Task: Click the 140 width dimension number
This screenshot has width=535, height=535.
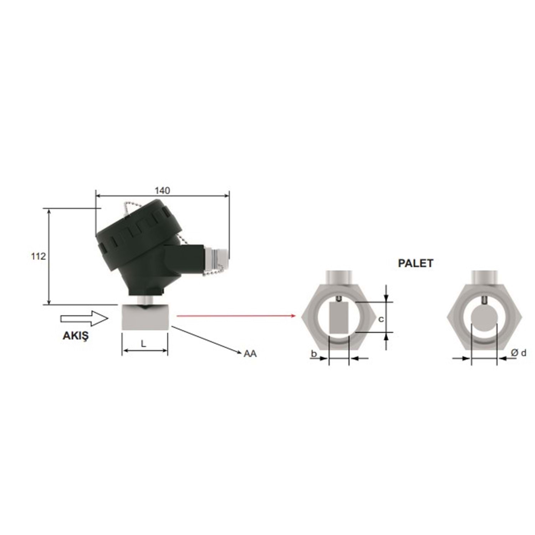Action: tap(162, 190)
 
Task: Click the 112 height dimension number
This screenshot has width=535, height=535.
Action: tap(39, 256)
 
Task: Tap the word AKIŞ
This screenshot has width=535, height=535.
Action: tap(75, 336)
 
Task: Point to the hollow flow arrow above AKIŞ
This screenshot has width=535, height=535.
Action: tap(84, 318)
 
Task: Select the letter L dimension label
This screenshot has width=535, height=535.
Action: tap(143, 344)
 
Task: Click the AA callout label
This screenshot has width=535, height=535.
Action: tap(250, 353)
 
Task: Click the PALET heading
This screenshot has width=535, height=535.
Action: tap(416, 263)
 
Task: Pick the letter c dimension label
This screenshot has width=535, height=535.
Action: tap(381, 319)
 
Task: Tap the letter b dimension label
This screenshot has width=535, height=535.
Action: tap(314, 353)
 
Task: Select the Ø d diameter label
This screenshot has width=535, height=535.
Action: tap(518, 353)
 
